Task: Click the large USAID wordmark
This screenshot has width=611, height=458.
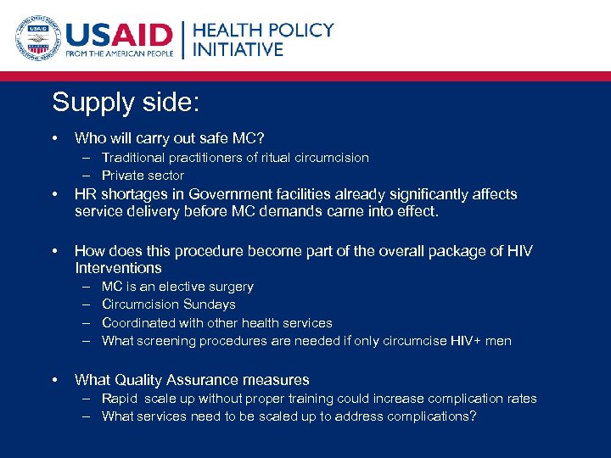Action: [119, 34]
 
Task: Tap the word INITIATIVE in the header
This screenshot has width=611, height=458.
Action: [238, 49]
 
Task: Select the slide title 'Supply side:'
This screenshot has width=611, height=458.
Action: [126, 103]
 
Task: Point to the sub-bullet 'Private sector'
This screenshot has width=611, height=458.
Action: [143, 176]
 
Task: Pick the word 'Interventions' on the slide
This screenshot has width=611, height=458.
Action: [118, 268]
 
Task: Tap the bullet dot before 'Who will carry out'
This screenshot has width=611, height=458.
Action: [54, 137]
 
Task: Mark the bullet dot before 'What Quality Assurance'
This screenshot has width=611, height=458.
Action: [54, 380]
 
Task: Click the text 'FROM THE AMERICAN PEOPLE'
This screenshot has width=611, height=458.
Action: [121, 53]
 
